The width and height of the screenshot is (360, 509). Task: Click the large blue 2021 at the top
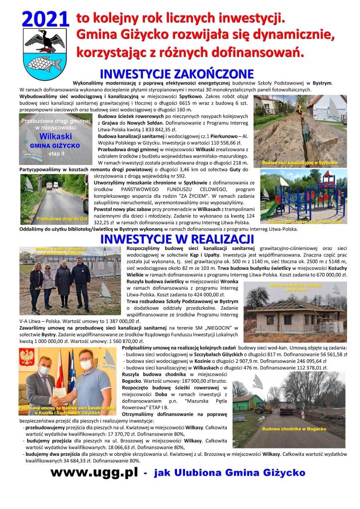click(x=44, y=18)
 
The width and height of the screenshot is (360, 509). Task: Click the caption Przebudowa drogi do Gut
click(x=56, y=218)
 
